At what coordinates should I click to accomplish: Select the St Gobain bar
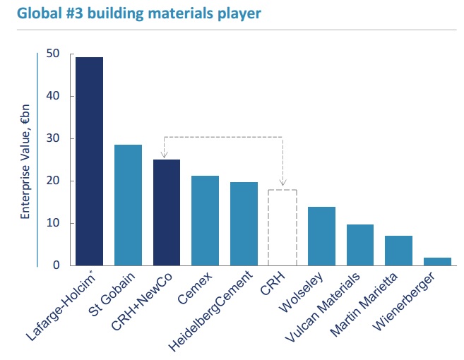pyautogui.click(x=128, y=205)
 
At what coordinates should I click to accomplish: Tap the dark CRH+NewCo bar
pyautogui.click(x=167, y=212)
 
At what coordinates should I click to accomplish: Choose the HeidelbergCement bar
pyautogui.click(x=244, y=223)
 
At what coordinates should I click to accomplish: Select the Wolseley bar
pyautogui.click(x=321, y=236)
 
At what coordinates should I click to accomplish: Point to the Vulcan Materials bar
pyautogui.click(x=359, y=245)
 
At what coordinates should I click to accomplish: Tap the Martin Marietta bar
pyautogui.click(x=398, y=251)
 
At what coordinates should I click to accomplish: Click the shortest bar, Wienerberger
pyautogui.click(x=437, y=261)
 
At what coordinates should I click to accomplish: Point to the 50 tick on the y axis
pyautogui.click(x=52, y=54)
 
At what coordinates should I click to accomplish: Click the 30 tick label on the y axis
pyautogui.click(x=52, y=139)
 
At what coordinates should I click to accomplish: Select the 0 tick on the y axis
pyautogui.click(x=56, y=265)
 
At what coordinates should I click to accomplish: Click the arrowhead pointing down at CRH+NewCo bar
pyautogui.click(x=164, y=155)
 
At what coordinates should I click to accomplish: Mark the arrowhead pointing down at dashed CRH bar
pyautogui.click(x=282, y=184)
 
